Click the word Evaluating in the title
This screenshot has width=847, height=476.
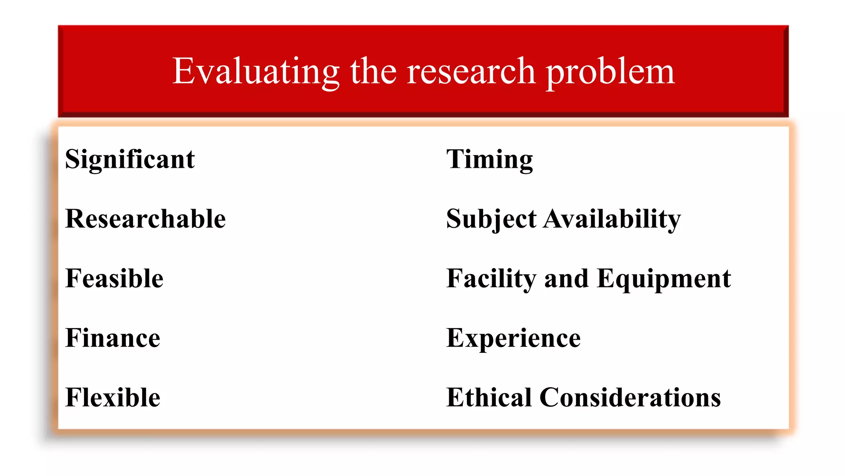[256, 71]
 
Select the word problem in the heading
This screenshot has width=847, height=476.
[610, 71]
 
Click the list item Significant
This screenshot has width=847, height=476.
[130, 159]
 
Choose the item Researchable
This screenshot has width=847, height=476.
[146, 219]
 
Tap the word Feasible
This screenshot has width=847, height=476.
[115, 278]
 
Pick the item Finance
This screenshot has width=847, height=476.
[113, 338]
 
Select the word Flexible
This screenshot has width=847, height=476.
[113, 397]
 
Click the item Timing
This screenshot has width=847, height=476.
[490, 159]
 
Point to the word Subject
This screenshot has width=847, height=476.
[491, 219]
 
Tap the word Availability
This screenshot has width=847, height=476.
[612, 219]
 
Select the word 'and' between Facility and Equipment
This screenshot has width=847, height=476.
[566, 278]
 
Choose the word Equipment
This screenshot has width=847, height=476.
[664, 278]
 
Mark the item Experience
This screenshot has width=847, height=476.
[514, 338]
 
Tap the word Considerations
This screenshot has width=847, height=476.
[630, 397]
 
